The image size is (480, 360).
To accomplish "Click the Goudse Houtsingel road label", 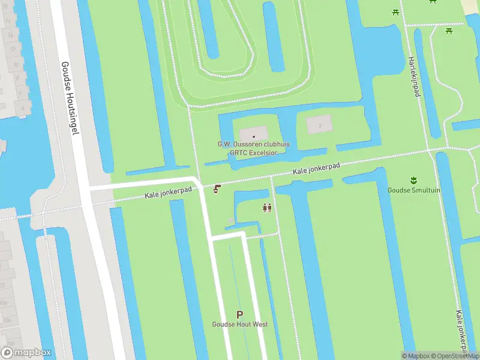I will coord(70,97).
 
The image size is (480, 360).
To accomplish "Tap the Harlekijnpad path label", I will coord(413,77).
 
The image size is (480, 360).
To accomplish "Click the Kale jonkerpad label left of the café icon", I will coord(168,193).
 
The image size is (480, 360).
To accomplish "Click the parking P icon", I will coord(240,314).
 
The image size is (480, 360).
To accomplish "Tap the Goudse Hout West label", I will coord(239,325).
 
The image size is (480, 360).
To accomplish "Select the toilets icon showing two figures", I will coord(268,208).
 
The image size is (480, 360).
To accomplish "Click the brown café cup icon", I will coord(217,189).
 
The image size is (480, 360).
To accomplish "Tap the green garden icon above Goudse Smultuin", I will coord(413,179).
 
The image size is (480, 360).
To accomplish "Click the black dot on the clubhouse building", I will coord(254,136).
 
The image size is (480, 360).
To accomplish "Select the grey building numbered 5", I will coord(319,125).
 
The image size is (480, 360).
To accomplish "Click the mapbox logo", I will coord(27,352).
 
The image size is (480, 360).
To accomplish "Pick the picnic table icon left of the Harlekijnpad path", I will coord(395,12).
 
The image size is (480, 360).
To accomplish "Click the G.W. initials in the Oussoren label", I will coord(224,144).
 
